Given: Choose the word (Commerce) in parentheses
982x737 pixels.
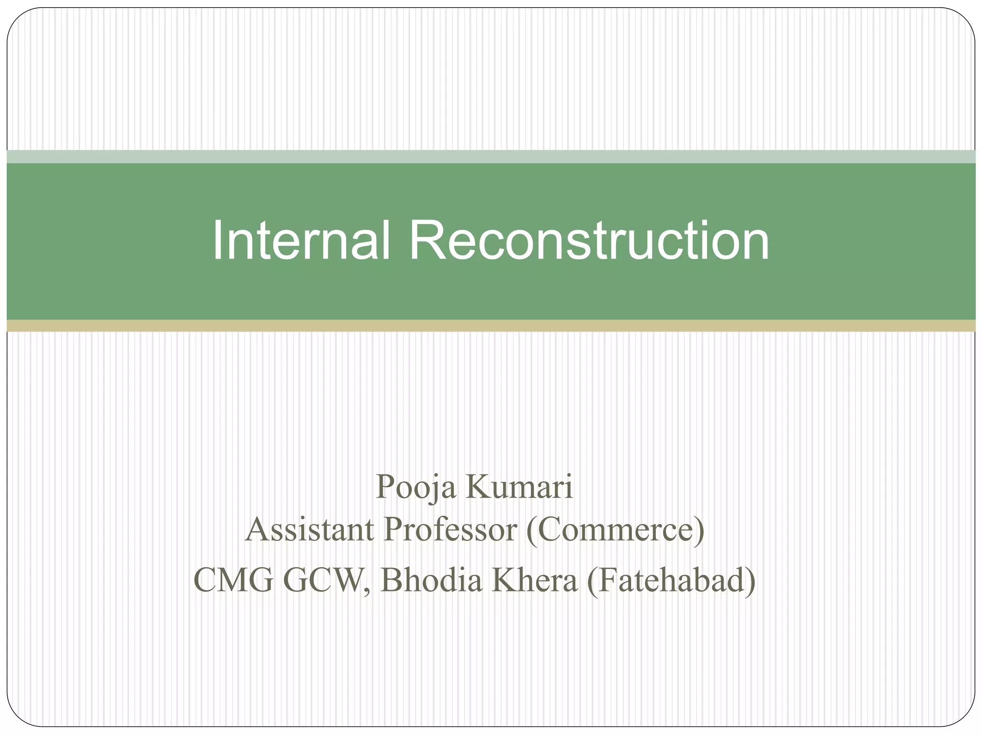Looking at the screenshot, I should point(615,530).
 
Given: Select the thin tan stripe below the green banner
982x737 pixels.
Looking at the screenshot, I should point(491,326).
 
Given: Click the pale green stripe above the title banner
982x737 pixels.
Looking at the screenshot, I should point(491,156).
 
